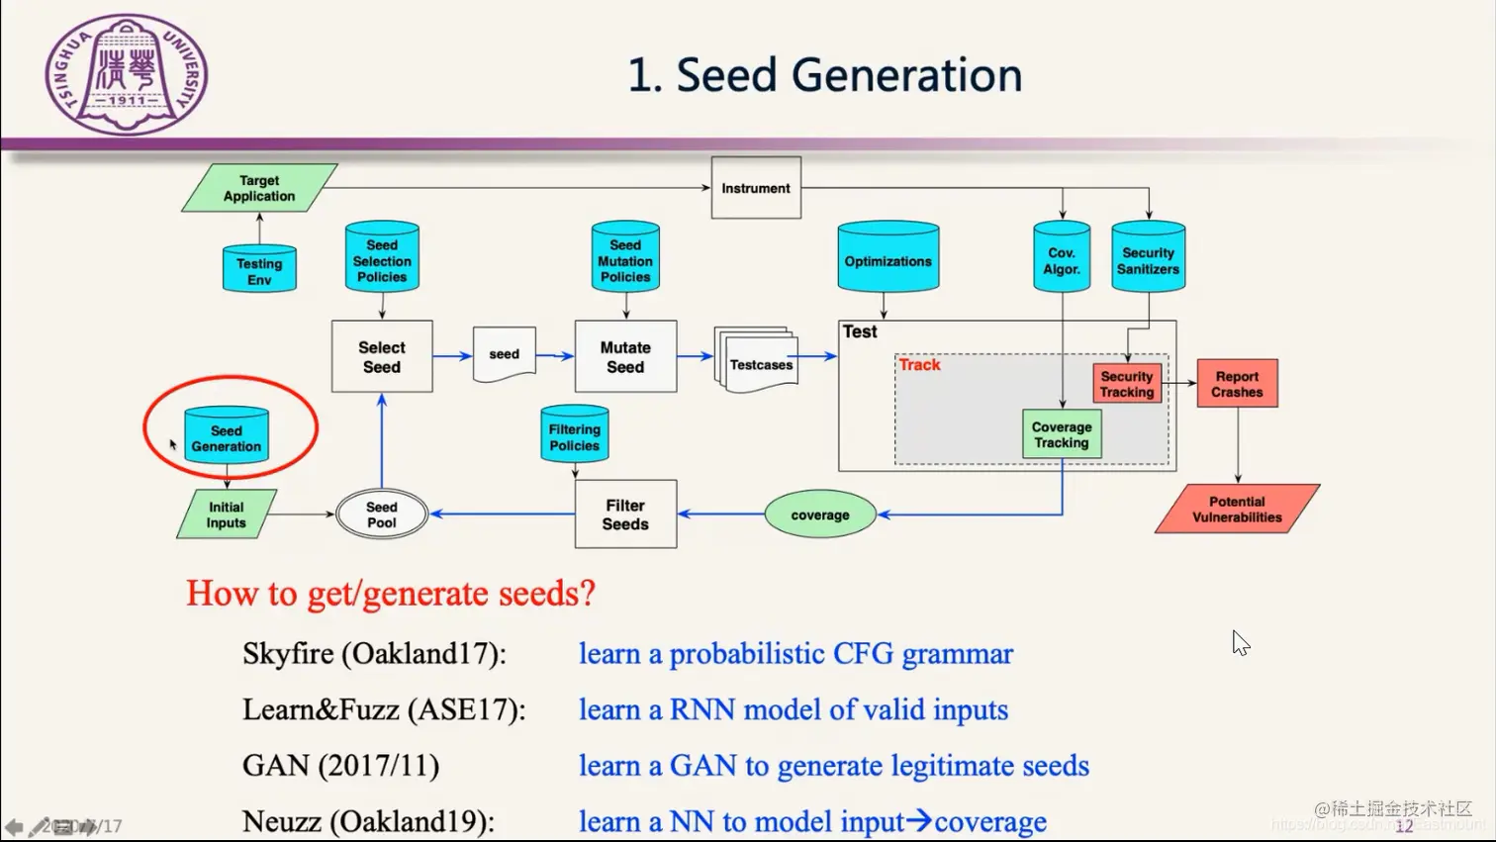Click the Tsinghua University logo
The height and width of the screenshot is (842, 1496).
click(127, 74)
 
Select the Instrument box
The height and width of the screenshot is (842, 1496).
click(756, 188)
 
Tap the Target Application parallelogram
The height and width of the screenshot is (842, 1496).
click(259, 188)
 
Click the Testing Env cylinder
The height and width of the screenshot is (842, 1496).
click(259, 269)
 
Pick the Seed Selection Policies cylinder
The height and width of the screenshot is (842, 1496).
click(382, 258)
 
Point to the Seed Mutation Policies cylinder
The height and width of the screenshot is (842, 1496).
click(625, 258)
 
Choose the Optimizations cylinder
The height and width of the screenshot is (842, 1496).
click(888, 259)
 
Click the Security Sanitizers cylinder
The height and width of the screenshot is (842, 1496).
click(1148, 259)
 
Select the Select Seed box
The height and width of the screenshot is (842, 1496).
click(382, 356)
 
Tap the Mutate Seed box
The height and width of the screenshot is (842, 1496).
click(625, 356)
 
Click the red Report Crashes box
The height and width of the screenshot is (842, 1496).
click(1237, 384)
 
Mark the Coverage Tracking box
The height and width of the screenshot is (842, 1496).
click(1062, 434)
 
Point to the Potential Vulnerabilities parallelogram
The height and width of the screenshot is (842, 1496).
click(1237, 509)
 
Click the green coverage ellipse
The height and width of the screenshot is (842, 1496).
click(820, 515)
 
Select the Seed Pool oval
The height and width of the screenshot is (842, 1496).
click(382, 515)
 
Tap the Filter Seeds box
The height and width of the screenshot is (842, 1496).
click(625, 515)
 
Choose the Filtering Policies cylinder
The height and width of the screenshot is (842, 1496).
click(575, 435)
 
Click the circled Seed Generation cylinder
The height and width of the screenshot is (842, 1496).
click(227, 436)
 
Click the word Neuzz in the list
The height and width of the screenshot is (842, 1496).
click(282, 821)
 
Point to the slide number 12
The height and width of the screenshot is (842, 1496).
click(1404, 826)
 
